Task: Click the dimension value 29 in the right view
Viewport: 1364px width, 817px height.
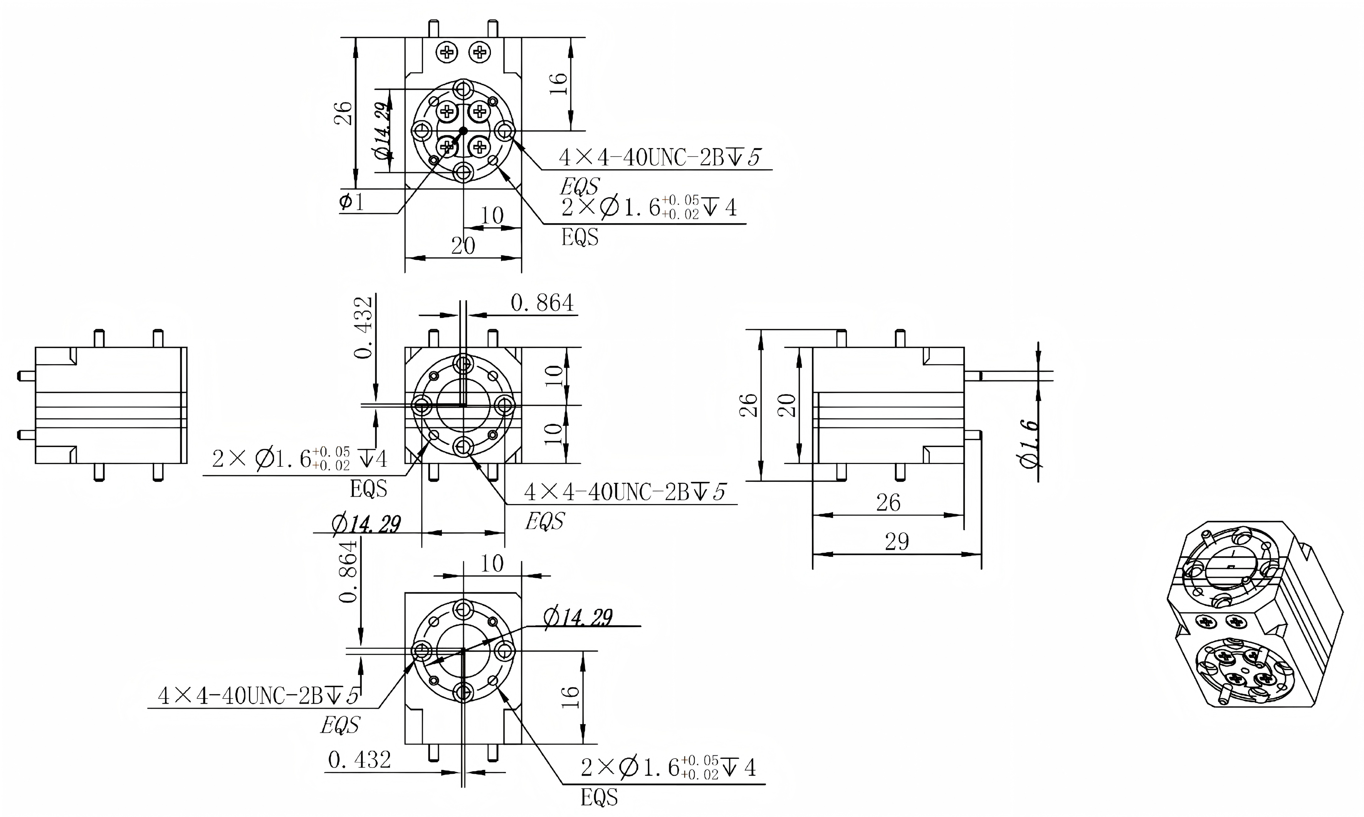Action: tap(896, 542)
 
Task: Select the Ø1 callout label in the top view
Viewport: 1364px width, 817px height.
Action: tap(351, 203)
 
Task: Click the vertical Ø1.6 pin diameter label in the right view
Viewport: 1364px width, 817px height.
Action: tap(1028, 444)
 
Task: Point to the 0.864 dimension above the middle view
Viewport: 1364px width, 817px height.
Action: tap(542, 303)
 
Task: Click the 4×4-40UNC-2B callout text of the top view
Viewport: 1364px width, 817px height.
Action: tap(659, 158)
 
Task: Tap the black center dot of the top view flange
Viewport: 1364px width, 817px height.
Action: tap(463, 131)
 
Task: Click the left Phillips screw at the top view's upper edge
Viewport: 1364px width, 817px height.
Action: tap(447, 52)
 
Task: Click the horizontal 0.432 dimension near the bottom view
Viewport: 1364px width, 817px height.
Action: tap(359, 760)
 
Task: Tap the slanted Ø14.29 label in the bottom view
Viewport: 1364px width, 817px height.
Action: tap(578, 617)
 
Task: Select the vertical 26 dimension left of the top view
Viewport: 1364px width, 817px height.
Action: tap(344, 113)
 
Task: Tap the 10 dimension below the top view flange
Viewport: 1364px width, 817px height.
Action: tap(492, 216)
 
